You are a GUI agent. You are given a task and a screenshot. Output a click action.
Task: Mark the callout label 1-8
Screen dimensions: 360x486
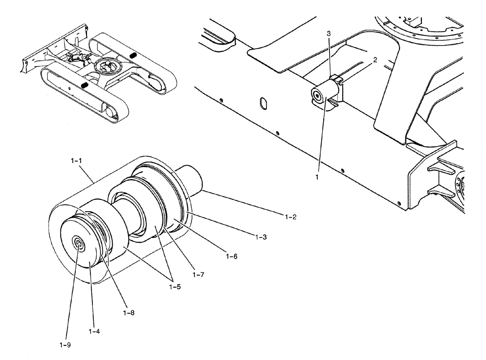(x=129, y=312)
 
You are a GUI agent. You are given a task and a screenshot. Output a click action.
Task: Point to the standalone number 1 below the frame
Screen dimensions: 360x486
(x=317, y=178)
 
